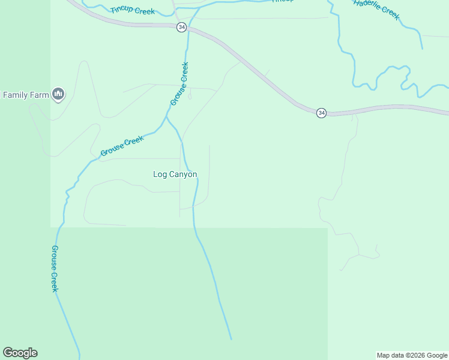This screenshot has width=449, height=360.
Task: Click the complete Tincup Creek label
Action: [133, 11]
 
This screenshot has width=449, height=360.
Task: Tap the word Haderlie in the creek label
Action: [368, 5]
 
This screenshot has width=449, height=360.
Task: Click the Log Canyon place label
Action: [175, 175]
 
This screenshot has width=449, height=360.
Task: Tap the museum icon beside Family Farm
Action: [58, 94]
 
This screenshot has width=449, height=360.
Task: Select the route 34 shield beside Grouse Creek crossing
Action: [181, 28]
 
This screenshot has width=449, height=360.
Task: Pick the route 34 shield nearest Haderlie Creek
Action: [322, 113]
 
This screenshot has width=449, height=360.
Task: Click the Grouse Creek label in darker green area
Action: [54, 268]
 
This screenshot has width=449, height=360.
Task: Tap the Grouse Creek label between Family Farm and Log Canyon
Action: [122, 146]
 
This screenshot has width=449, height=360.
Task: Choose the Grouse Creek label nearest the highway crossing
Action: [179, 84]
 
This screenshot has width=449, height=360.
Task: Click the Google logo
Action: [20, 353]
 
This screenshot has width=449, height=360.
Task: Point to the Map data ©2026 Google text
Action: [412, 355]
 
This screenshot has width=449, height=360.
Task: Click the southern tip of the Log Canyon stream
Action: [231, 339]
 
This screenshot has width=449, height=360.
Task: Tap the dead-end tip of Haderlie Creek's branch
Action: [422, 49]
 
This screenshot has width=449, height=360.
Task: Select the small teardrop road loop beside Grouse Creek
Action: [190, 96]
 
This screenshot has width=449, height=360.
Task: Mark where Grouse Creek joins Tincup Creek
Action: [199, 8]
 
